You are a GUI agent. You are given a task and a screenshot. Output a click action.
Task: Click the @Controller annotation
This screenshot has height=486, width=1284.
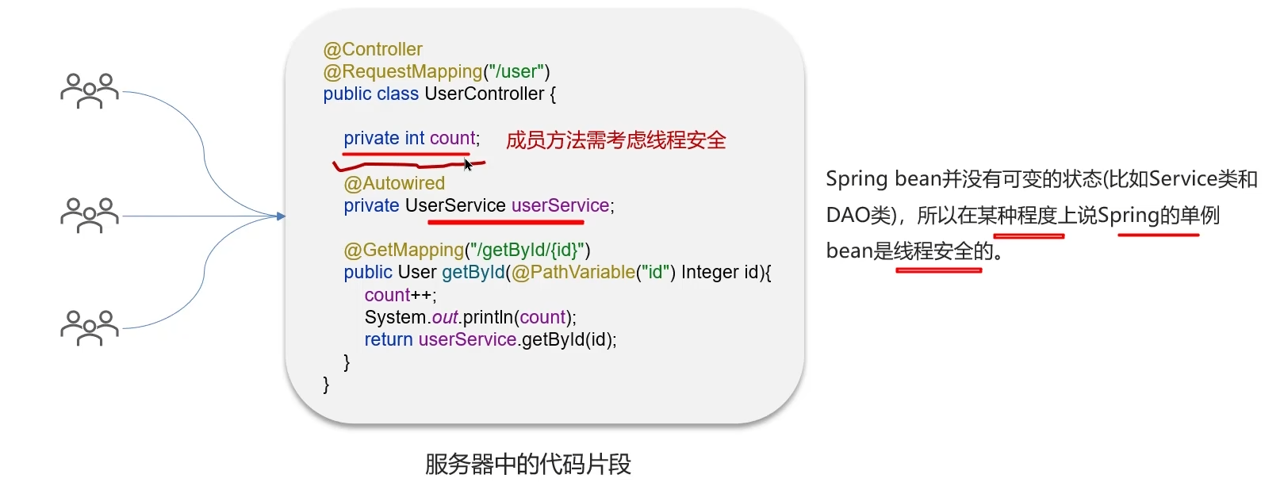[x=373, y=49]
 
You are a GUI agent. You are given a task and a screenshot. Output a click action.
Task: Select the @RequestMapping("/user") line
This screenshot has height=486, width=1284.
[x=436, y=71]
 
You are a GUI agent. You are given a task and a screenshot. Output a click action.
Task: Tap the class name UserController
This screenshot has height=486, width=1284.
[x=485, y=94]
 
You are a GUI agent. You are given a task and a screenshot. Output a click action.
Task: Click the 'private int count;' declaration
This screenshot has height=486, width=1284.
[x=412, y=139]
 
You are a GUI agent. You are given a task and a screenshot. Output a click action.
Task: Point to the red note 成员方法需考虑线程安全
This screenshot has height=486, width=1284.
[x=615, y=140]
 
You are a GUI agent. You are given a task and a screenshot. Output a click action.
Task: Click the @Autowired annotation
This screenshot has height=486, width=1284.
[x=394, y=183]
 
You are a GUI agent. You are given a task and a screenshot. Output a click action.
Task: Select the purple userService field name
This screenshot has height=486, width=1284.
[x=561, y=205]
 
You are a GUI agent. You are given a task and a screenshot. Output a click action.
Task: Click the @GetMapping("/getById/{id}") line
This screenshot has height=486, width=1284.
[x=467, y=250]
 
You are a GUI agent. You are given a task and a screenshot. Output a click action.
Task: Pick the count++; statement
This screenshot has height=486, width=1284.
[x=401, y=295]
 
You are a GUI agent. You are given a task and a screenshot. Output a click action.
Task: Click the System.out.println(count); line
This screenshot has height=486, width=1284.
[x=470, y=317]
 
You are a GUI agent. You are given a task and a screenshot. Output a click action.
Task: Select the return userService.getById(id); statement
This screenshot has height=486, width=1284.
[x=490, y=339]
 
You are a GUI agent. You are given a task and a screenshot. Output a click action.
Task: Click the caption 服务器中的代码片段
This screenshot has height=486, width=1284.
[x=528, y=464]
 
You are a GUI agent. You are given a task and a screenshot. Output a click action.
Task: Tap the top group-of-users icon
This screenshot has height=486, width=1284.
[x=90, y=90]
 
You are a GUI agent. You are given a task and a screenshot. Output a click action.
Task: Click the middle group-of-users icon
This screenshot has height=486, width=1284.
[x=90, y=215]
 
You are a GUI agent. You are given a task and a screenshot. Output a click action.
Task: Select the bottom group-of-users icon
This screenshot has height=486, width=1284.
[x=90, y=327]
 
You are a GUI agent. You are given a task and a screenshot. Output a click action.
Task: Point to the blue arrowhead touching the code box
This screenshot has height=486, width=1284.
[x=281, y=216]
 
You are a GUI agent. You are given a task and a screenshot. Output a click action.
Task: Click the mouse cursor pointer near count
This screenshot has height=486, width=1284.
[x=468, y=164]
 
